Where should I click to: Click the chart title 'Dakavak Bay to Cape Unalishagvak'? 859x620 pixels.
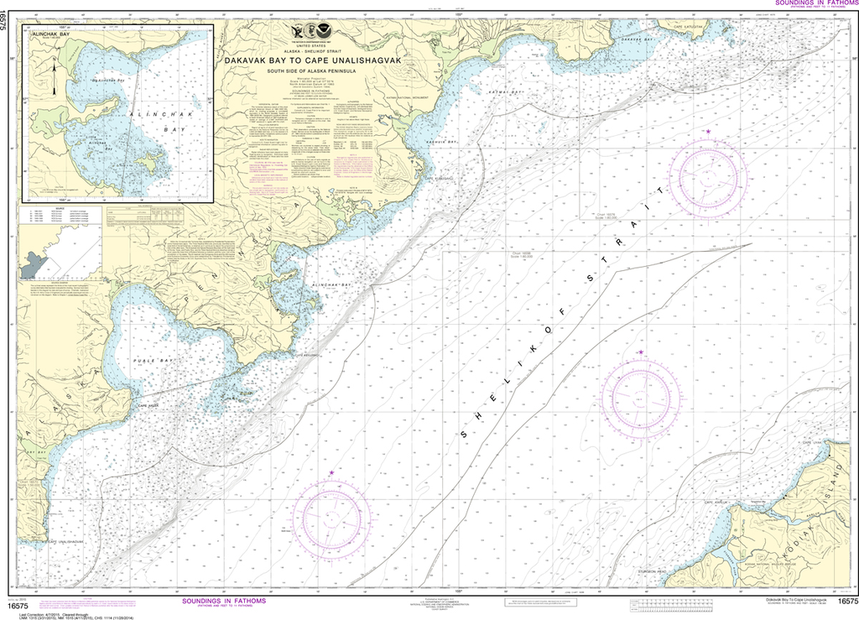[310, 60]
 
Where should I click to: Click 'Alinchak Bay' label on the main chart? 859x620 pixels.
[330, 285]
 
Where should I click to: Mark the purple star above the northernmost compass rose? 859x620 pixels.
[708, 132]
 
